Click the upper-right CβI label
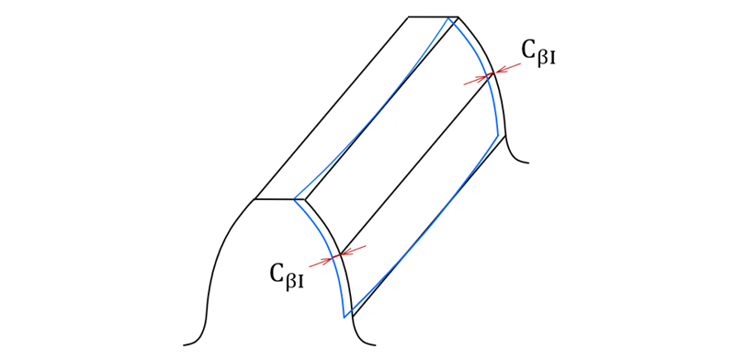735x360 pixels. pyautogui.click(x=540, y=53)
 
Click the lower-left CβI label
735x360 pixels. pyautogui.click(x=288, y=274)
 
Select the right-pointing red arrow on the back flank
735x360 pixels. pyautogui.click(x=476, y=79)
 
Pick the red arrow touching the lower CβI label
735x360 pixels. pyautogui.click(x=322, y=261)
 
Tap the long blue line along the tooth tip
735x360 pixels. pyautogui.click(x=377, y=110)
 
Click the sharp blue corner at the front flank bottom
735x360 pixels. pyautogui.click(x=345, y=317)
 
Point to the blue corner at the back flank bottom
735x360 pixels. pyautogui.click(x=499, y=136)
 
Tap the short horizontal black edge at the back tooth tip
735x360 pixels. pyautogui.click(x=432, y=17)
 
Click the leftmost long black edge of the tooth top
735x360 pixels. pyautogui.click(x=331, y=108)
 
